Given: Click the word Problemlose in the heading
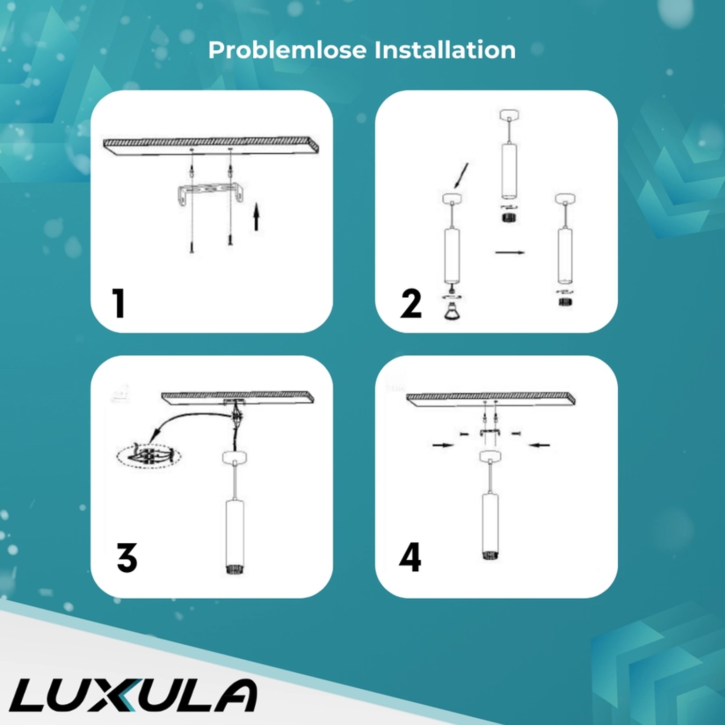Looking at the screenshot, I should (x=287, y=50).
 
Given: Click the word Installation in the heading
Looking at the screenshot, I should (x=445, y=50).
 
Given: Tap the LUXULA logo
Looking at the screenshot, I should (x=133, y=695).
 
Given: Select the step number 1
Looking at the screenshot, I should (x=118, y=303).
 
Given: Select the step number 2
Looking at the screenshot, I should (x=411, y=304).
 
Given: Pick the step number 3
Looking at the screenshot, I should (x=127, y=558).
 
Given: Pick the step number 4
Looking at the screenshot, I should (x=410, y=557).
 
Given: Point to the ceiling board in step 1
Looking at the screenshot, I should (x=211, y=145).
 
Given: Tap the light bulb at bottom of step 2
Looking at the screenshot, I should (x=452, y=312).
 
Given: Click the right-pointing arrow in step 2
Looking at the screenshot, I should (x=509, y=252).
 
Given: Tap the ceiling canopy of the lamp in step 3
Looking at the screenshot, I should (x=234, y=457).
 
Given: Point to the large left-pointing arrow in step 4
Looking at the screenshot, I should (x=539, y=445).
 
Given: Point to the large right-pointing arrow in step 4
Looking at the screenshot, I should (x=443, y=445).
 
